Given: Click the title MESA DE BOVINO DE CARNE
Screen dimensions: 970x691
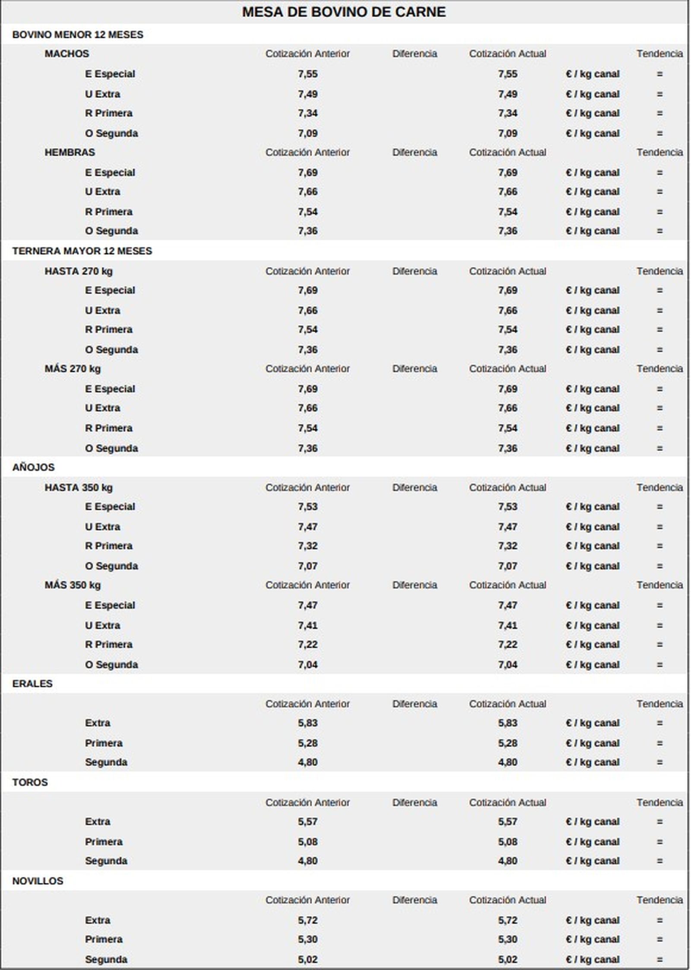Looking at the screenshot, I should [344, 12].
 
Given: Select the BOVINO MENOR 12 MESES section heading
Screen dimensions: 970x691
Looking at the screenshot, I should [78, 35].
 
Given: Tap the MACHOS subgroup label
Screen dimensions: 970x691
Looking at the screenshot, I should [67, 54].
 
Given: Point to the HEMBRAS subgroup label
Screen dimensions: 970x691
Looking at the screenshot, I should [70, 152].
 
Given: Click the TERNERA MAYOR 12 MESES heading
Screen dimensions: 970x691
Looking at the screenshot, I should [82, 251].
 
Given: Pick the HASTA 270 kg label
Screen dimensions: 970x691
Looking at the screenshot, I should [78, 271].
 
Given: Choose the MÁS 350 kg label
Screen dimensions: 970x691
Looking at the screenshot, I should [72, 585].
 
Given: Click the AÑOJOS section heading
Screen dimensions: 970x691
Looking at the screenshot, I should [33, 467].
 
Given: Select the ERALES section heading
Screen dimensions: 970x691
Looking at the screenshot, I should [32, 683].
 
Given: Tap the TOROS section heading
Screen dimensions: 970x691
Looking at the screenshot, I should [30, 782].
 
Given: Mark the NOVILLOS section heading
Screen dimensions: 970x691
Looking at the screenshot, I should [38, 881].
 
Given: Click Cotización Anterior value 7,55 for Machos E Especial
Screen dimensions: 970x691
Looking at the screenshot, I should [307, 74].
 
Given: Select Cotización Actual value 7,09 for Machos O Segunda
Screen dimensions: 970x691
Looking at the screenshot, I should [507, 133].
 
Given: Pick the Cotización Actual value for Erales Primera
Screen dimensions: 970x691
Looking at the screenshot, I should [507, 743].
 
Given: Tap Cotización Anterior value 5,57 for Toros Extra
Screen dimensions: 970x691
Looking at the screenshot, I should [307, 821].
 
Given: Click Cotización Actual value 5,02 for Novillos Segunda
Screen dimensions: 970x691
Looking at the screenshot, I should [507, 959].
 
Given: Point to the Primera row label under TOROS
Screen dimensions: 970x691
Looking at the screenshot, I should [104, 841].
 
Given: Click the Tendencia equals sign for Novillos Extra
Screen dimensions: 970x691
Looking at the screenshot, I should [659, 920].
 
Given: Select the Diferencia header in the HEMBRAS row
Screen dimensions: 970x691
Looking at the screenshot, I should [415, 152].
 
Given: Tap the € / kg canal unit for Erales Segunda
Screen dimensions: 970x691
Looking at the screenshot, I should [593, 762].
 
